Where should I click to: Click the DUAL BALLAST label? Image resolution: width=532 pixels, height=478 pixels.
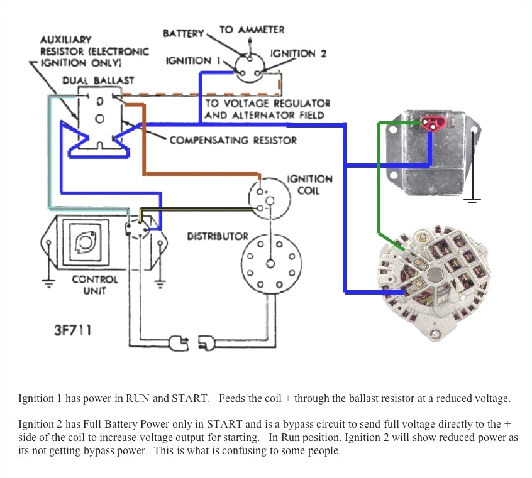[x=98, y=80]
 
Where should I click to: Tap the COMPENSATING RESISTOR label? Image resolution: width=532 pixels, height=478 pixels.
[x=233, y=139]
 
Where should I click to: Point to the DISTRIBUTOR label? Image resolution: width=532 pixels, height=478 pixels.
[x=218, y=236]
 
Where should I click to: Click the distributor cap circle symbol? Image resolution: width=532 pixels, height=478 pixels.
[x=270, y=263]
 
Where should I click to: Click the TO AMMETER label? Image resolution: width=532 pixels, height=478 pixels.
[x=252, y=30]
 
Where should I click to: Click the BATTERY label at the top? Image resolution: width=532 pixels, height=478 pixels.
[x=184, y=33]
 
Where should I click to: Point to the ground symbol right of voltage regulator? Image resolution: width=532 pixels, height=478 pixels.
[x=473, y=199]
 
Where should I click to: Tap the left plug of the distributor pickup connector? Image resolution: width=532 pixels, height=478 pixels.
[x=179, y=343]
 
